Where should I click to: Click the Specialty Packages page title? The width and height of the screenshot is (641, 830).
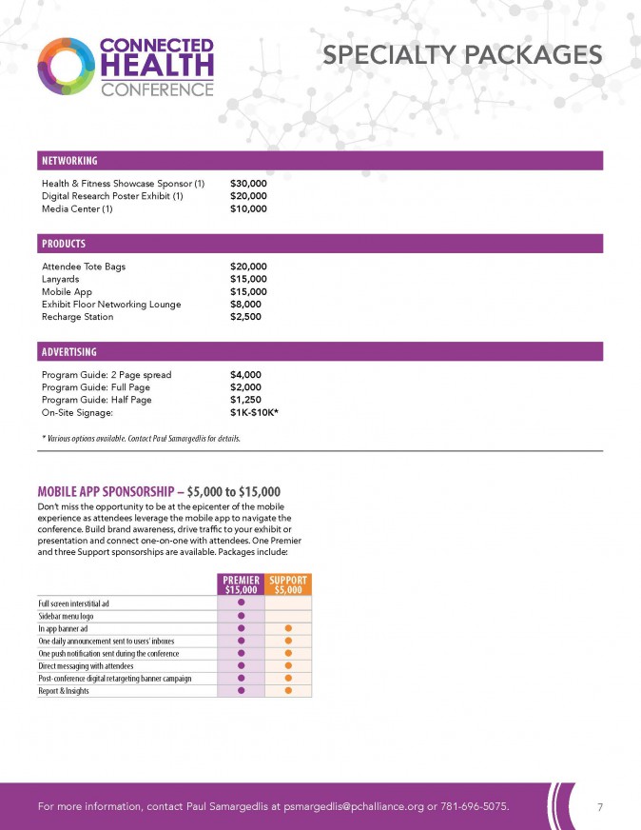pos(462,56)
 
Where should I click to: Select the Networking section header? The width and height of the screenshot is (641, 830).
pos(69,161)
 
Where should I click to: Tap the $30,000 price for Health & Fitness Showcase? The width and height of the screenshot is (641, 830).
pos(248,183)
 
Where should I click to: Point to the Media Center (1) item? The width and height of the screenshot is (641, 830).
pos(77,208)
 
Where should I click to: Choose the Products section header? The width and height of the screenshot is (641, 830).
pos(64,244)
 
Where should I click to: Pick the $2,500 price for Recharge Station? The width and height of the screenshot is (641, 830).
pos(245,317)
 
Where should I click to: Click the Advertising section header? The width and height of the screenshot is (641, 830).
pos(69,351)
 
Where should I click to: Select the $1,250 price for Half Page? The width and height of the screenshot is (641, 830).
pos(245,401)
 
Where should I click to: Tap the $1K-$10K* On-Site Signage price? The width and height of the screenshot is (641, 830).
pos(254,413)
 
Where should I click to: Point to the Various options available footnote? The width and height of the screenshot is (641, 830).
pos(141,438)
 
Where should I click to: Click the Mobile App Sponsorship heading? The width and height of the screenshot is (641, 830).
pos(159,491)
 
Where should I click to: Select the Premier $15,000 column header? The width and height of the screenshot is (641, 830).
pos(241,585)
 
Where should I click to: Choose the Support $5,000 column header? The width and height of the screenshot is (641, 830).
pos(287,585)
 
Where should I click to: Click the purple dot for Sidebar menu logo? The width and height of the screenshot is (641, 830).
pos(241,616)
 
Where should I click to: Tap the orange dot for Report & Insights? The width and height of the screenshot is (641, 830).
pos(287,691)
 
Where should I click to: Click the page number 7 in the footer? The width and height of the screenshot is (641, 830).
pos(600,807)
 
